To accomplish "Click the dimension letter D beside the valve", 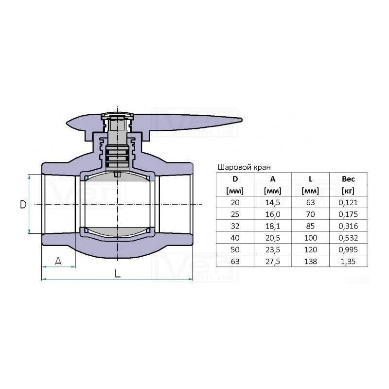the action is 23,204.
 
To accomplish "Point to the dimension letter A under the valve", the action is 58,261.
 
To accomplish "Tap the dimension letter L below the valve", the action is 118,273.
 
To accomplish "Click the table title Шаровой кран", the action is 244,167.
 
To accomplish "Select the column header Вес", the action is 348,179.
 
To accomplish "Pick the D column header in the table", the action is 235,179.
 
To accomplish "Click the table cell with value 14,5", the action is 273,203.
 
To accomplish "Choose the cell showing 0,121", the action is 348,203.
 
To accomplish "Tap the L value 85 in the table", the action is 310,226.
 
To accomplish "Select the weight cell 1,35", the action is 348,262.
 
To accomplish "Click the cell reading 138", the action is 310,262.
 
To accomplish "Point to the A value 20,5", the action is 273,238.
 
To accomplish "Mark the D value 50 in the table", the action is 235,250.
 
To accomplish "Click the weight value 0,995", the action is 348,250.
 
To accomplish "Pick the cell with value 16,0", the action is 273,214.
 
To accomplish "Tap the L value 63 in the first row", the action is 310,203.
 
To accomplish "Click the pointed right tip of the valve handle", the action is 242,120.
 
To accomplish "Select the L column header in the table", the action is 310,179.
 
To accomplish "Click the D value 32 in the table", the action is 235,226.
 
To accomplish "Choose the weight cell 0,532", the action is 348,238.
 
